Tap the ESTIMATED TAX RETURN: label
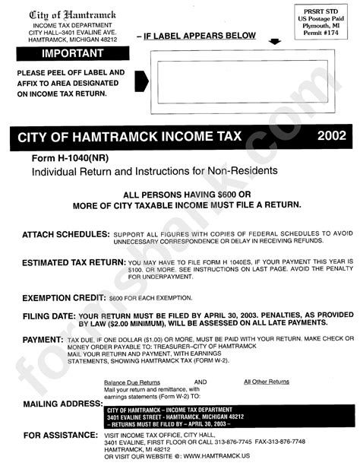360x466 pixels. coord(73,261)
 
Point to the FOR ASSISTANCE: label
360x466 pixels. coord(56,436)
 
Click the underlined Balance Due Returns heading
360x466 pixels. coord(132,382)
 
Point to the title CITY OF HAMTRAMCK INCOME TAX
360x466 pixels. coord(134,138)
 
